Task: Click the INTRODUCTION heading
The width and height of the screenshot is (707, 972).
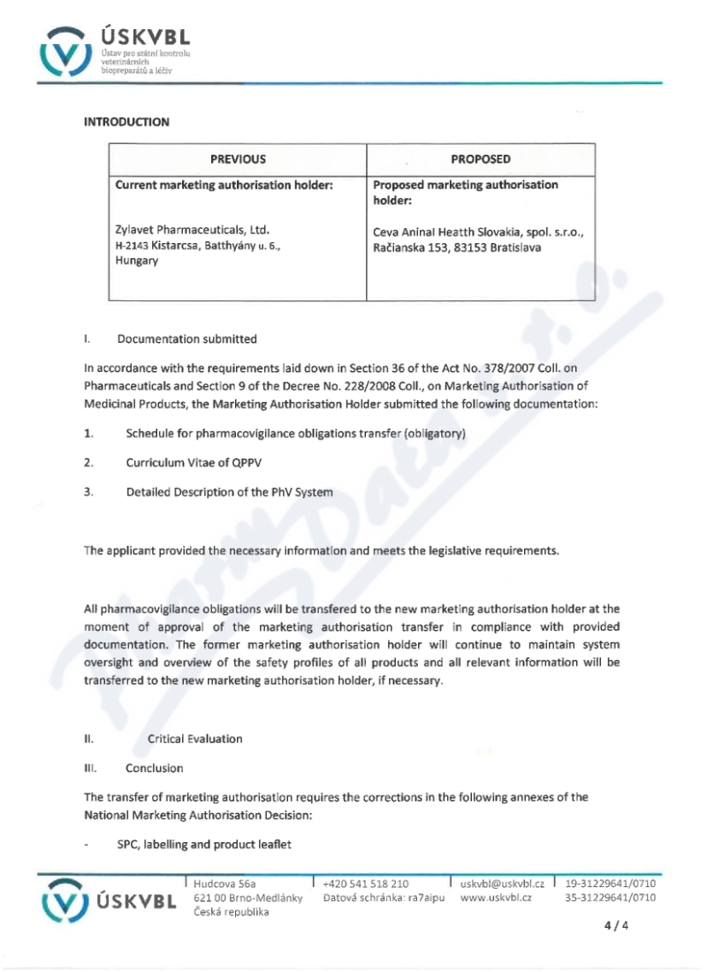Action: coord(126,122)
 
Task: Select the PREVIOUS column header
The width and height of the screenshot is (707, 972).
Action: coord(238,160)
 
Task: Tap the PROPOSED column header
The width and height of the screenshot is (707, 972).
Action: coord(481,160)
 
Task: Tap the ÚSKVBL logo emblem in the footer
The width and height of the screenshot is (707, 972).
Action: coord(66,900)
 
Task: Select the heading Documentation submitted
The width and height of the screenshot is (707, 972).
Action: coord(187,338)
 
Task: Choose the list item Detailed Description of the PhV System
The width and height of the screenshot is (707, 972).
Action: coord(230,492)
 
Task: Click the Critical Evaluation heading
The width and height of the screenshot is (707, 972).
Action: coord(195,739)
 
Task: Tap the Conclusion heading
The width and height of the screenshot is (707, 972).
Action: coord(153,768)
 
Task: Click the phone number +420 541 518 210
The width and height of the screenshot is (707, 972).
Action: coord(366,883)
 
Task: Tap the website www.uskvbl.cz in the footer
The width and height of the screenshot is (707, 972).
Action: coord(496,897)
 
